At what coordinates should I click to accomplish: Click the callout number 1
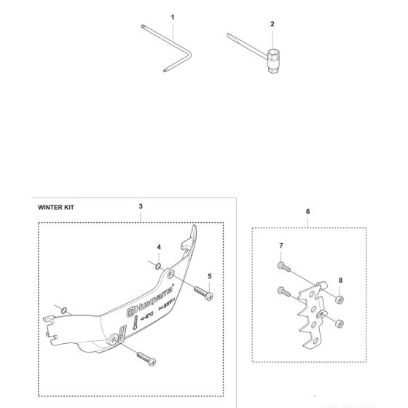173,16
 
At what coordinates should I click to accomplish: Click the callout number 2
272,24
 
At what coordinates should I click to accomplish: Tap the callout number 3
140,206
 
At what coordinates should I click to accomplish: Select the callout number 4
158,247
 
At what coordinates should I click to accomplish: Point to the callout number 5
209,276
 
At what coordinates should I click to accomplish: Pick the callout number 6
307,211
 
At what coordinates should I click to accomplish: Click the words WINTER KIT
56,207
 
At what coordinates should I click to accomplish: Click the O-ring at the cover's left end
64,310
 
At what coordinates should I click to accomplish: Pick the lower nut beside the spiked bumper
340,323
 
